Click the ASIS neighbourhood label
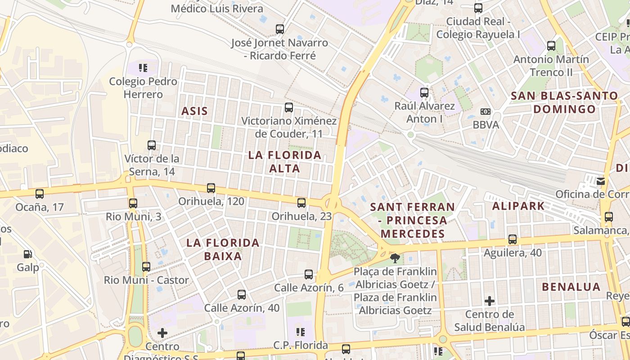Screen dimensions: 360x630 (194, 111)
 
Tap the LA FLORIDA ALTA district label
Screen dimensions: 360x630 (285, 162)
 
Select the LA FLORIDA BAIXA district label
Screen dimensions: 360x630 (223, 249)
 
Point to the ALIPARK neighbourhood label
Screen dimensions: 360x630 (518, 206)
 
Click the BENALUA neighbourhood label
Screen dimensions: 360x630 (571, 287)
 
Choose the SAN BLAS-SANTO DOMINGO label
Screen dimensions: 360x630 (564, 102)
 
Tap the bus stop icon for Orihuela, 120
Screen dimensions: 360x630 (211, 188)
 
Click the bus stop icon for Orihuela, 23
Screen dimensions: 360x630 (301, 203)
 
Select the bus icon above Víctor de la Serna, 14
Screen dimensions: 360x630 (152, 145)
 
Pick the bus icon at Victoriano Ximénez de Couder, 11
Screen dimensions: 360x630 (289, 108)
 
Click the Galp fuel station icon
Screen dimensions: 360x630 (28, 254)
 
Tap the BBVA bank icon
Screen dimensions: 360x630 (486, 111)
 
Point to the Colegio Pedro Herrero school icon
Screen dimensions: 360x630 (143, 68)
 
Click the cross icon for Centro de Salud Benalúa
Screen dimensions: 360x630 (490, 301)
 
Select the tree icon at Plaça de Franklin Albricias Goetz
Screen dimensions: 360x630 (395, 258)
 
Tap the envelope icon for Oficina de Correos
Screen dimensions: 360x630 (601, 181)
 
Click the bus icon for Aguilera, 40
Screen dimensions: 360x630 (513, 239)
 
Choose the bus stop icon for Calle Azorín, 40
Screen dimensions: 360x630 (242, 295)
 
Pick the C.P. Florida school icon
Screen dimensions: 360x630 (301, 332)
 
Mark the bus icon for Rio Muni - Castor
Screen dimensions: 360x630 (146, 267)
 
